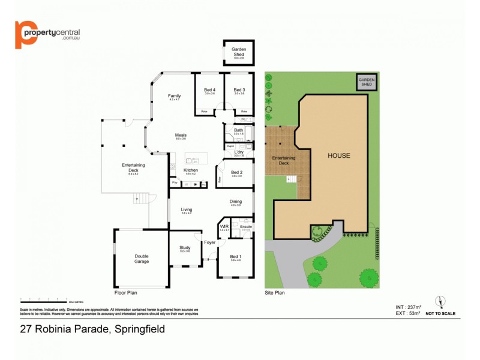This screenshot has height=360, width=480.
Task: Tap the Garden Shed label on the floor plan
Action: click(x=238, y=52)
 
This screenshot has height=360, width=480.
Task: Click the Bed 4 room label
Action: click(x=209, y=90)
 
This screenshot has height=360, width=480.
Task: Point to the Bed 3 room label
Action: click(x=239, y=90)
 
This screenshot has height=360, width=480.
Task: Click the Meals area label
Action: click(x=181, y=135)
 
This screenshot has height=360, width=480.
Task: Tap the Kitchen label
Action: click(x=191, y=170)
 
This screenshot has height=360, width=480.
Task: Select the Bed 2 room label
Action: click(x=236, y=172)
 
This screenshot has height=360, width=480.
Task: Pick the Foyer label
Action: click(x=209, y=242)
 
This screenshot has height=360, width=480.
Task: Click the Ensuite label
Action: click(x=246, y=227)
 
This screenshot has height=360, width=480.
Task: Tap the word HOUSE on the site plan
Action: click(x=338, y=155)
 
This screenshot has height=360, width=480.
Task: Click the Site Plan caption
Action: click(x=275, y=293)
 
